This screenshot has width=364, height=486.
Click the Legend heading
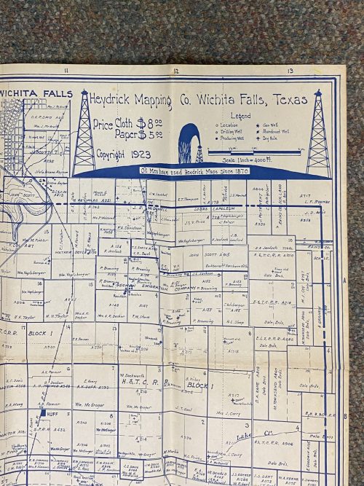coord(240,116)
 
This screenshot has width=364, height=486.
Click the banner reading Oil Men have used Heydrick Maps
coord(191,170)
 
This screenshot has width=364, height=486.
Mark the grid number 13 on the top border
coord(290,71)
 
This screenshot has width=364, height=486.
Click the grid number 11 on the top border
coord(66,71)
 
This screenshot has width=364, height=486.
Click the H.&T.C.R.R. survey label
coord(135,382)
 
